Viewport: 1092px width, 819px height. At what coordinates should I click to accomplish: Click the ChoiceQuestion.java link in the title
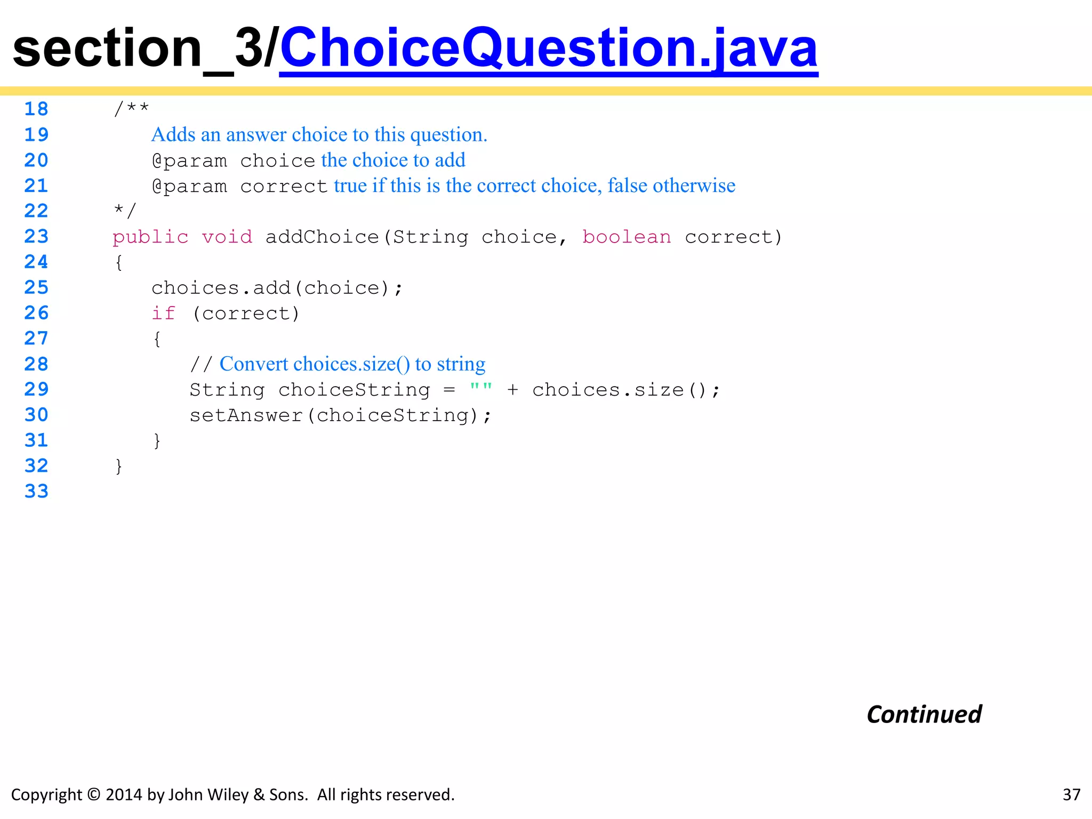(548, 49)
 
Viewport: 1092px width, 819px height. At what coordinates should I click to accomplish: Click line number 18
(36, 109)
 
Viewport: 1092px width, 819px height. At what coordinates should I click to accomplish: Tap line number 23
(36, 236)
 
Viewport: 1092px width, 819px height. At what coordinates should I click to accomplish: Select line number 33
(36, 491)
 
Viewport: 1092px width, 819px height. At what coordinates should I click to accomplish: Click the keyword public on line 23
(150, 237)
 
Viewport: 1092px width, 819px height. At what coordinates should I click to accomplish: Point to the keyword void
(227, 237)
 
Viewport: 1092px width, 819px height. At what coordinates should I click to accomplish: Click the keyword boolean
(627, 237)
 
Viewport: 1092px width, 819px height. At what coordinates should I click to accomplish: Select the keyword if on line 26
(163, 314)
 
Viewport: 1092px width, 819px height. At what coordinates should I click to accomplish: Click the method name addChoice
(322, 237)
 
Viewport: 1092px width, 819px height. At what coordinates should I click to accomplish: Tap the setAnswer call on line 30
(246, 415)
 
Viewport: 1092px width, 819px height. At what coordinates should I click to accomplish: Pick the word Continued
(924, 714)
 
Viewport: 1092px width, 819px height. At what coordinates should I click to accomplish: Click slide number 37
(1071, 794)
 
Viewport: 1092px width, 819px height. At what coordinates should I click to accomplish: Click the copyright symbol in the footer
(93, 794)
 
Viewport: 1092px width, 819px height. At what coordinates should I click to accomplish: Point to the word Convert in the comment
(253, 364)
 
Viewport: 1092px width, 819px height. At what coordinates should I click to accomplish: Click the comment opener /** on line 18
(131, 109)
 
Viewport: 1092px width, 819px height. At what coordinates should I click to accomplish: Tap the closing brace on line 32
(119, 466)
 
